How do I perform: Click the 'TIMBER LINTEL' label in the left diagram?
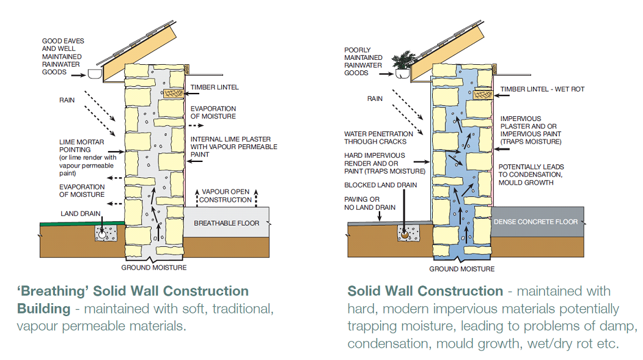click(215, 87)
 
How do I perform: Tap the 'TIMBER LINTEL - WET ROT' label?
click(542, 89)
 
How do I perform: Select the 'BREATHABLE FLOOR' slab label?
click(227, 223)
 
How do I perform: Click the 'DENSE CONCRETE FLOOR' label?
click(535, 222)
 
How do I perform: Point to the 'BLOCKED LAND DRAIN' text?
click(380, 185)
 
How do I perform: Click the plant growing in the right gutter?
click(404, 63)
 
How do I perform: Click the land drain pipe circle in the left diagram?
click(101, 233)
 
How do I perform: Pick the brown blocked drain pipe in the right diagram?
click(404, 233)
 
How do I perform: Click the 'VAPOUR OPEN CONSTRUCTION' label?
click(226, 196)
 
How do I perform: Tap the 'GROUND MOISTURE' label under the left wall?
click(154, 268)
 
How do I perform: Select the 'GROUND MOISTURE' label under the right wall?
click(461, 269)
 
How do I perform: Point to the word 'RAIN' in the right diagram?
click(375, 98)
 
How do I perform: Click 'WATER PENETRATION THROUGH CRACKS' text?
click(378, 138)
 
